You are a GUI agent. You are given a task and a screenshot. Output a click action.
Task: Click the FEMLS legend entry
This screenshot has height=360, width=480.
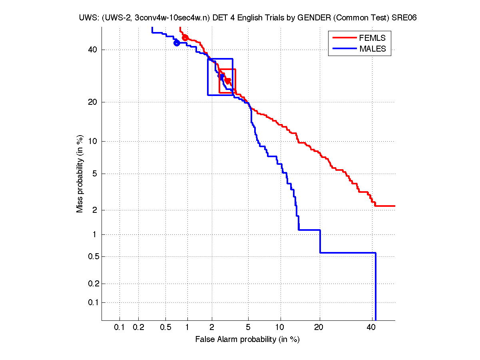(372, 38)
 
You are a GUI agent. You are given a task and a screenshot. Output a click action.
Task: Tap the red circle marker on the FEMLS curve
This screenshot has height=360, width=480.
(185, 38)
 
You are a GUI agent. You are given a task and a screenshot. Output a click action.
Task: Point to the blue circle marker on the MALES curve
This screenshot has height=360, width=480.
(177, 43)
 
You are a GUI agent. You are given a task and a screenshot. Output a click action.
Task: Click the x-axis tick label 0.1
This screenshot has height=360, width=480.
(120, 327)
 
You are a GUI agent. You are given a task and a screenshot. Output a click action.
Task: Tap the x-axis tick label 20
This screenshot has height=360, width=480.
(319, 327)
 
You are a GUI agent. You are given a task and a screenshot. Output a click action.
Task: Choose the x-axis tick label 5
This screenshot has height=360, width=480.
(248, 327)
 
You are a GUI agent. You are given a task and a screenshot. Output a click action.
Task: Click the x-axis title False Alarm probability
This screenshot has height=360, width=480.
(247, 340)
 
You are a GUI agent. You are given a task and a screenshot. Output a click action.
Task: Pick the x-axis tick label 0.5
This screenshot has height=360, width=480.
(165, 327)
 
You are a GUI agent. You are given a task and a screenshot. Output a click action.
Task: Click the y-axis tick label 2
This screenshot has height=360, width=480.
(95, 210)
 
